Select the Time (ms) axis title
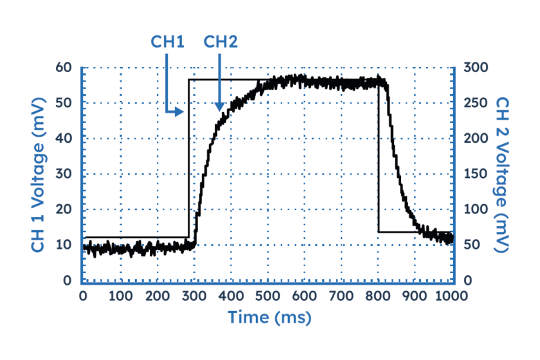269,318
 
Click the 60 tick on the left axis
64,67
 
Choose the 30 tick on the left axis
64,174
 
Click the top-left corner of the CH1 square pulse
188,80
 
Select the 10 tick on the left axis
64,246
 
